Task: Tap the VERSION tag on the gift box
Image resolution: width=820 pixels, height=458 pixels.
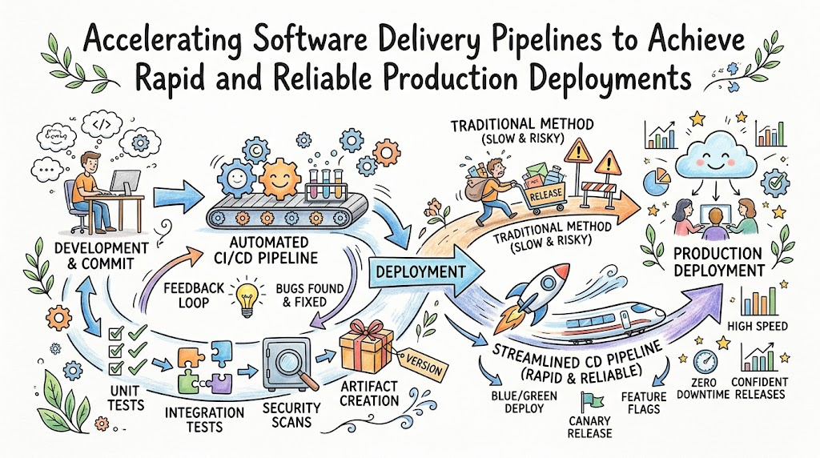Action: tap(424, 365)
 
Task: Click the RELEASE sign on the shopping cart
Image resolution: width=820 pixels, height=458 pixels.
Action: tap(545, 195)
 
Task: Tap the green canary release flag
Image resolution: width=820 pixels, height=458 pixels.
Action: tap(591, 402)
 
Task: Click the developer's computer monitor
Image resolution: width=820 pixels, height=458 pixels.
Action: tap(125, 183)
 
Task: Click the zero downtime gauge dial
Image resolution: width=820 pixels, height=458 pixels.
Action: tap(705, 362)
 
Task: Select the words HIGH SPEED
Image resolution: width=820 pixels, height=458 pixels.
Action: tap(758, 326)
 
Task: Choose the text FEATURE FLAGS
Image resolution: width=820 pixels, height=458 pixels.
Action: tap(644, 403)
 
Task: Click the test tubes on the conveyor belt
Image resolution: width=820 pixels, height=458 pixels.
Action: tap(325, 183)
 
